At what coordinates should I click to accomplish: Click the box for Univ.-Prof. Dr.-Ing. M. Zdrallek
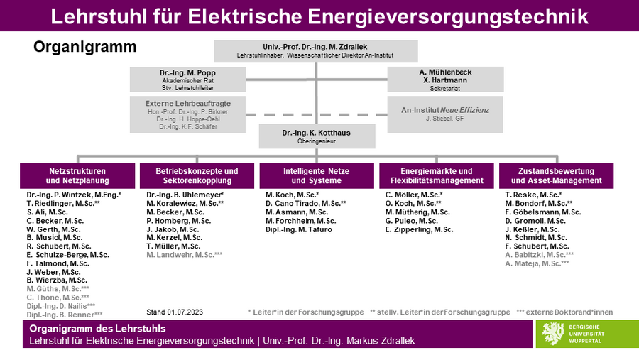coord(316,51)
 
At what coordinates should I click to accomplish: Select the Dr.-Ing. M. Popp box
coord(188,80)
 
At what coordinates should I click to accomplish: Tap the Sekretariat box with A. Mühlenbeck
coord(445,80)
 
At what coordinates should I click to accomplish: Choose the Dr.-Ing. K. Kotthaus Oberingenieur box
coord(317,136)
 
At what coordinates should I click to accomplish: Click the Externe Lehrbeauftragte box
coord(188,114)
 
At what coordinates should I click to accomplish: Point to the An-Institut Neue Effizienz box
coord(445,114)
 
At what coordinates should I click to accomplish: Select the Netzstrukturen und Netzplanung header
coord(77,175)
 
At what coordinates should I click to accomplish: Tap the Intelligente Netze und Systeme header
coord(317,175)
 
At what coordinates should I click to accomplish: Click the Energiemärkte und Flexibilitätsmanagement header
coord(437,175)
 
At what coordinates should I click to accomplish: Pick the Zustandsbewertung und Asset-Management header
coord(556,175)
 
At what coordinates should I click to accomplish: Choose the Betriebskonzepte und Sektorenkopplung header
coord(197,175)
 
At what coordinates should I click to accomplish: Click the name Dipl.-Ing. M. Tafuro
coord(299,229)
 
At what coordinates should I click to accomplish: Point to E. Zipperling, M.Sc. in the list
coord(420,229)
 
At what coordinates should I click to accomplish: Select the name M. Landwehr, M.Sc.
coord(184,255)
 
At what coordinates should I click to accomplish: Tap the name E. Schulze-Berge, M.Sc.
coord(68,255)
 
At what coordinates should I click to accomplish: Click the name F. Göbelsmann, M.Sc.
coord(543,212)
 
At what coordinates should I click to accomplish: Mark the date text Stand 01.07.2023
coord(175,312)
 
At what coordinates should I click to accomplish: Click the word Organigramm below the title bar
coord(84,47)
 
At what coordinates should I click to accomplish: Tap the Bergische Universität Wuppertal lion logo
coord(552,334)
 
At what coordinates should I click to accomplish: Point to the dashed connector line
coord(317,114)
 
